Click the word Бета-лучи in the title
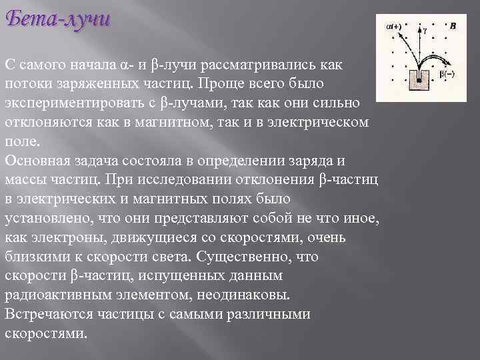[x=57, y=20]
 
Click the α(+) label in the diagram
[x=394, y=27]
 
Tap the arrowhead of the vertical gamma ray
[x=419, y=29]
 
